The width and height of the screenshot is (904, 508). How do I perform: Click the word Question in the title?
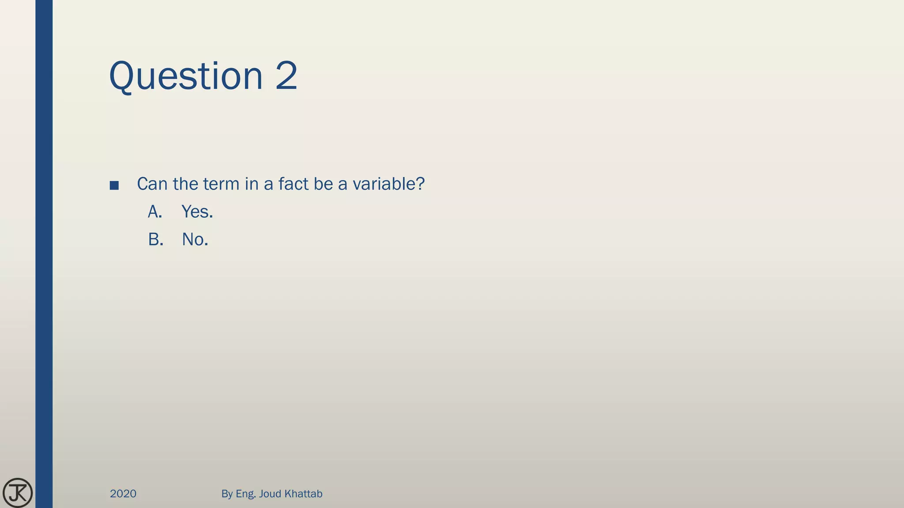[186, 76]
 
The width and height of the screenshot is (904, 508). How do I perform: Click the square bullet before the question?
[114, 186]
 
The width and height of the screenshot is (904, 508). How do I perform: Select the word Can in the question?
[153, 184]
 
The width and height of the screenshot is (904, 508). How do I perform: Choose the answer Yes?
[197, 212]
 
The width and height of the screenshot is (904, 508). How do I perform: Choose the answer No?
[195, 240]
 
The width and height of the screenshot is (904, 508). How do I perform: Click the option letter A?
[154, 212]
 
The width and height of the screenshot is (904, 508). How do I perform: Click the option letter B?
[155, 240]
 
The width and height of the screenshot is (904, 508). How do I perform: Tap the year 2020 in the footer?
[123, 494]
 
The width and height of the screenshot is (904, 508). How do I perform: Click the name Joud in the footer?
[270, 494]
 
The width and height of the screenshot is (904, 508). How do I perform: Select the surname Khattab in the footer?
[303, 494]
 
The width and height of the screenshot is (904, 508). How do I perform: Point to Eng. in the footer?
[246, 494]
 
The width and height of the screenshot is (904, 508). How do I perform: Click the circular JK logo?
[18, 493]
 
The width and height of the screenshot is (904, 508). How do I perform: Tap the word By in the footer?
[227, 494]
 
